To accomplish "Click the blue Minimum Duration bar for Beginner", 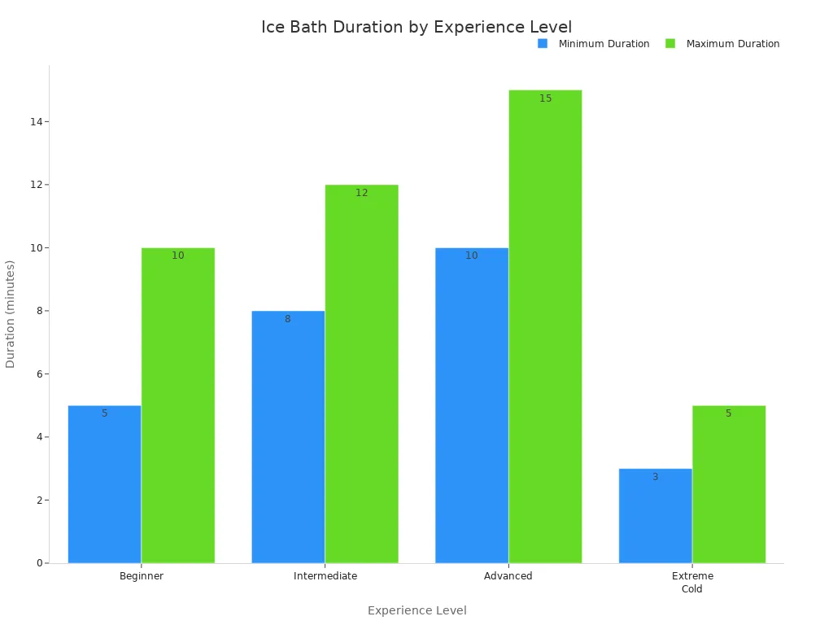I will (x=104, y=484).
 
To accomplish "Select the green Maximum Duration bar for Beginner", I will (x=178, y=405).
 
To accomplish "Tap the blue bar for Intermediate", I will (x=288, y=437).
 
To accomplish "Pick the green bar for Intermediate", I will (x=362, y=374).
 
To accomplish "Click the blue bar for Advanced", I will (x=472, y=405).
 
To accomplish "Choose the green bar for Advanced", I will (x=545, y=326).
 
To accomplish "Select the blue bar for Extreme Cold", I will (x=655, y=516).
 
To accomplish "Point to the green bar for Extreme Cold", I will (x=729, y=484).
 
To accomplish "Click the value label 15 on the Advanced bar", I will (x=545, y=98).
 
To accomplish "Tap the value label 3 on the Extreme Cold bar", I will (x=655, y=477).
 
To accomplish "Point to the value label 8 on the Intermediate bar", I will (x=287, y=319).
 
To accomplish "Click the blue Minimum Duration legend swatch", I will (x=543, y=44).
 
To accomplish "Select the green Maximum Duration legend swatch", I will (x=670, y=44).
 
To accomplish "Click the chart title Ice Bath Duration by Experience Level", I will (x=416, y=27).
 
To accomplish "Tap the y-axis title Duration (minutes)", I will (x=11, y=314).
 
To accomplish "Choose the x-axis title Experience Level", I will (x=416, y=610).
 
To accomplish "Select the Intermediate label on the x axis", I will (x=325, y=576).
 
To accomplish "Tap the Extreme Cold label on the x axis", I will (x=692, y=582).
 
